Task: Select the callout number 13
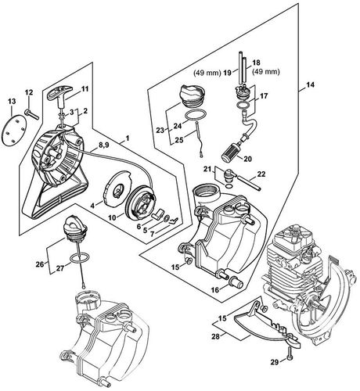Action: [11, 102]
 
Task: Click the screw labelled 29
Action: [289, 357]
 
